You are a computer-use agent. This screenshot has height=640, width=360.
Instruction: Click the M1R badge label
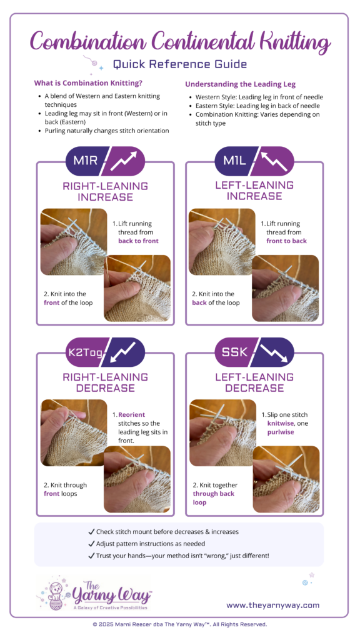click(85, 161)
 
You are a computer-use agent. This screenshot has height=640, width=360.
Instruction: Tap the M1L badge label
click(234, 161)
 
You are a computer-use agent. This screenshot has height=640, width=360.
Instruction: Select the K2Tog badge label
click(85, 351)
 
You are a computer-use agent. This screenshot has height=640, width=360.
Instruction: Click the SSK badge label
click(235, 351)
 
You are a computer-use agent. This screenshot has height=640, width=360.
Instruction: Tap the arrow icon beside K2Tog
click(124, 352)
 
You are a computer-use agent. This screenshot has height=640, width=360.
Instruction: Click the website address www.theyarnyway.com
click(273, 605)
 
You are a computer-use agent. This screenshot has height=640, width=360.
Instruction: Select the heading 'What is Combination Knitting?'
click(88, 83)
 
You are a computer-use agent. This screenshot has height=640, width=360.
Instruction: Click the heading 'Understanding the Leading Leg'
click(241, 84)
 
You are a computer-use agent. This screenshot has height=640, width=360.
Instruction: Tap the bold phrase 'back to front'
click(138, 241)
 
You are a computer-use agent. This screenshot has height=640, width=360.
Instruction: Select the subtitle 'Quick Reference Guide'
click(180, 64)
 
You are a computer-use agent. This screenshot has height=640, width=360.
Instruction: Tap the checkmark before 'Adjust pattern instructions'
click(91, 544)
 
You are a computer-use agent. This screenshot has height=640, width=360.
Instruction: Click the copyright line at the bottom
click(180, 624)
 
